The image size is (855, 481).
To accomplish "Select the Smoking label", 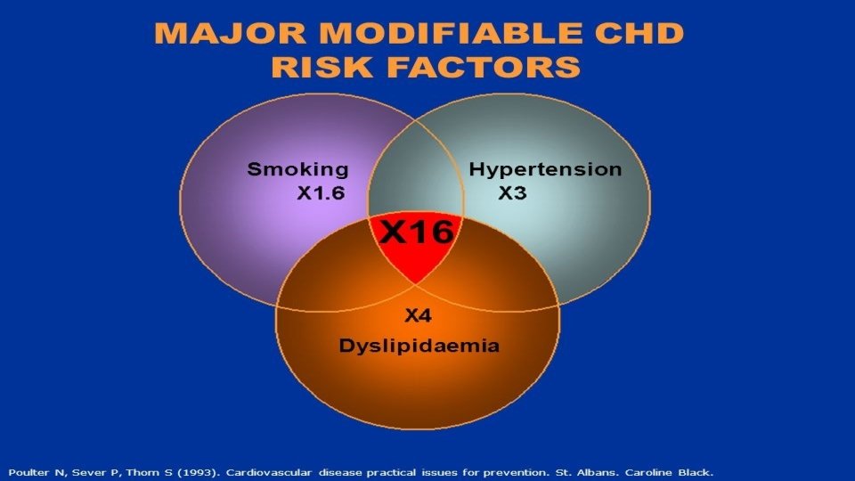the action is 297,169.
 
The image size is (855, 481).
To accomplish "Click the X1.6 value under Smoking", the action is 320,193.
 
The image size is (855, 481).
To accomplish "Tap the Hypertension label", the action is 545,169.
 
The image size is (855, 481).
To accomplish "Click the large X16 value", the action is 417,232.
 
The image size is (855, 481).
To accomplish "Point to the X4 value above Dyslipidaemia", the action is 418,314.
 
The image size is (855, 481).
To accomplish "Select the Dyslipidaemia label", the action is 419,346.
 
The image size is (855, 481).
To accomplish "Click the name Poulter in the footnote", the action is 28,471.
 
